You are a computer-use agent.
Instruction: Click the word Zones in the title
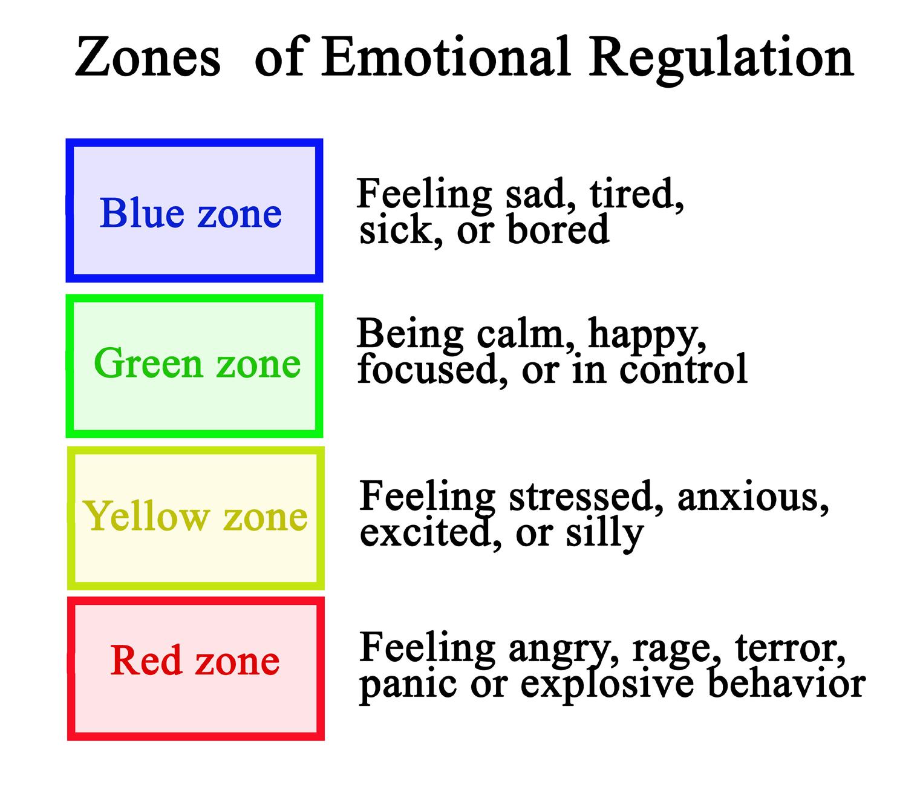[148, 57]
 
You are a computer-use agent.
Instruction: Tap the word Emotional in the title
[445, 56]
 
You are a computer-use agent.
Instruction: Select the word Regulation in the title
[721, 60]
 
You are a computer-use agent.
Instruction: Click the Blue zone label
[191, 213]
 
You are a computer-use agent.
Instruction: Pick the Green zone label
[197, 363]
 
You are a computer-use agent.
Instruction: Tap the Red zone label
[195, 661]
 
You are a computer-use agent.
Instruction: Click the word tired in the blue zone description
[636, 194]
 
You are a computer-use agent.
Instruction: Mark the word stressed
[586, 497]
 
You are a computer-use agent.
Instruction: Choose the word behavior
[786, 682]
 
